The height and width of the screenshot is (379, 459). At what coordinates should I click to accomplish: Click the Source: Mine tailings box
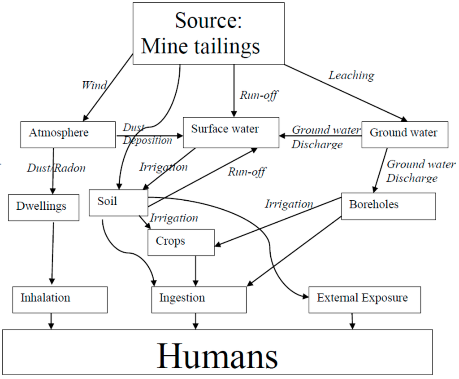pos(208,33)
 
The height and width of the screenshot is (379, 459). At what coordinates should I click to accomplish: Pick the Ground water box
pos(404,134)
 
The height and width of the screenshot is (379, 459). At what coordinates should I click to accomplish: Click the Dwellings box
pos(43,207)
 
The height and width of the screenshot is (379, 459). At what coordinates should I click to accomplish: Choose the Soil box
pos(118,203)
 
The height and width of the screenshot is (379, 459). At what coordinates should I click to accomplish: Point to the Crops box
pos(181,242)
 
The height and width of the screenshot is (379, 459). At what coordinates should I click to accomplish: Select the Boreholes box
pos(388,206)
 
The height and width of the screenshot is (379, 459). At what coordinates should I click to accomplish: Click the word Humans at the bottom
pos(217,356)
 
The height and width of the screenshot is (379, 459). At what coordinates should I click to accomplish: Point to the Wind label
pos(94,85)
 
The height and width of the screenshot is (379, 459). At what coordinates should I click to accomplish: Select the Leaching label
pos(351,75)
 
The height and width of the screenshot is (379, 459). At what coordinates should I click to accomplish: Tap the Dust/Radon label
pos(56,168)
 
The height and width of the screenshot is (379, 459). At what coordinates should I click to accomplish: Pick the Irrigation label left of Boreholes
pos(289,204)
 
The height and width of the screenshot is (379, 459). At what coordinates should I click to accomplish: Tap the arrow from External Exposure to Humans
pos(352,321)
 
